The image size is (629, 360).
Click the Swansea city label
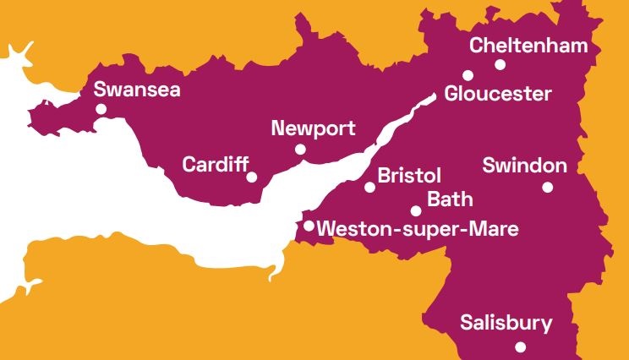point(137,90)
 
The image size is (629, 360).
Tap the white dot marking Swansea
point(101,109)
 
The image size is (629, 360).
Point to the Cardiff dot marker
point(252,177)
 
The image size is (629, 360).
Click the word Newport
point(313,129)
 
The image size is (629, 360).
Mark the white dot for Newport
point(300,150)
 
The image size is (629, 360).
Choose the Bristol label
point(409,176)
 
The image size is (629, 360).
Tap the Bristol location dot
point(369,187)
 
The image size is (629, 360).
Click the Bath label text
point(450,200)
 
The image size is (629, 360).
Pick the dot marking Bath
point(416,210)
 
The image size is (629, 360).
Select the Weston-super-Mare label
point(416,228)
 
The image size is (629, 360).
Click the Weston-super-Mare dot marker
point(309,226)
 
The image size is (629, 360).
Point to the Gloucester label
point(498,94)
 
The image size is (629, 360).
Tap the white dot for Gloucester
point(468,75)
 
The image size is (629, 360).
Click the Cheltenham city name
point(528,46)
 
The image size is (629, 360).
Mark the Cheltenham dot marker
point(500,64)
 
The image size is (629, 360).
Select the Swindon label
point(524,165)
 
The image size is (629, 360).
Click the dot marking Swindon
point(547,188)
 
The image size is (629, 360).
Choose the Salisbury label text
point(506,323)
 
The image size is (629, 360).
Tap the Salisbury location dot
point(521,346)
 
